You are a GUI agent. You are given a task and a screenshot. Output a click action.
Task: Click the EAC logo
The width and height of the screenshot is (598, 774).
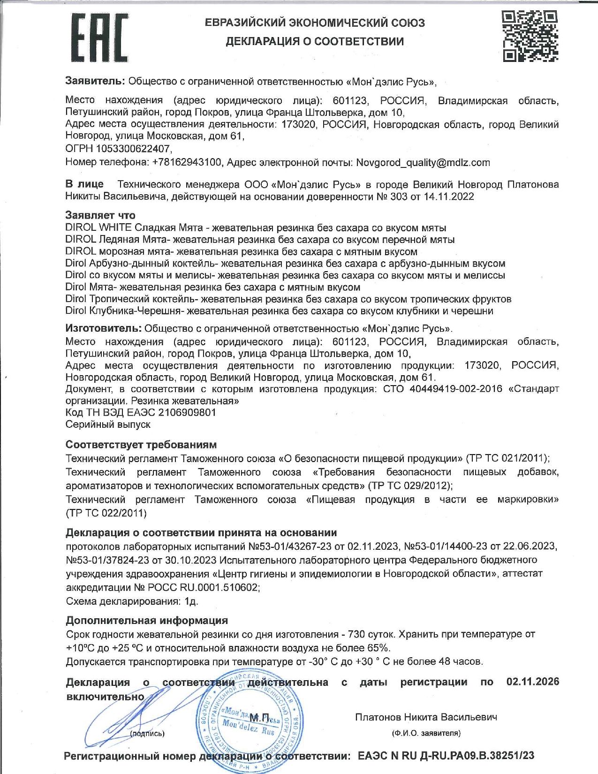point(99,38)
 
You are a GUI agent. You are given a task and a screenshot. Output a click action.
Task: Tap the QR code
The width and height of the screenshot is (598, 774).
point(530,36)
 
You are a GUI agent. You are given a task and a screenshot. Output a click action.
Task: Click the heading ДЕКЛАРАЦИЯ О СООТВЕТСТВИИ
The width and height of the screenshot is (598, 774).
point(315,41)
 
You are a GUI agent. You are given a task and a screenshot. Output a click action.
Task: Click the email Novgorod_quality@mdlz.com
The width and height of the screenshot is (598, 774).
point(423,163)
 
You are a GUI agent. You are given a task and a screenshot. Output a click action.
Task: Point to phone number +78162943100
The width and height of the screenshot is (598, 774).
point(187,163)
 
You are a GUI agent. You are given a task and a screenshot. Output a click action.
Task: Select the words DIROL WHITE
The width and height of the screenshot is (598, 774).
point(98,228)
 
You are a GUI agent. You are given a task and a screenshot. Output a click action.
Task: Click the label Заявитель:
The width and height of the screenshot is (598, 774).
point(95,81)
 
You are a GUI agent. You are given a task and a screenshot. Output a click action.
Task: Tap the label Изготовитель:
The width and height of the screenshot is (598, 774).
point(103,328)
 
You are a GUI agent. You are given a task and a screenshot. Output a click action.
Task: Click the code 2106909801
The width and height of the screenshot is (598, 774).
point(187,412)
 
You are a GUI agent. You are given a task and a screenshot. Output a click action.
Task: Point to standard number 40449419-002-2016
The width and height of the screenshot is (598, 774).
point(455,389)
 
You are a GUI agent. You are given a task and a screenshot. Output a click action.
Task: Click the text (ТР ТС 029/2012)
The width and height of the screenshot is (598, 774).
point(410,485)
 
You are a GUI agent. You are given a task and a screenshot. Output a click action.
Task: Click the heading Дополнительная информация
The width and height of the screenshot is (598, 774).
point(147,620)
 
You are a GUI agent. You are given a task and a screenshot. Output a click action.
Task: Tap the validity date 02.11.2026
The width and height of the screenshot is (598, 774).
point(533,682)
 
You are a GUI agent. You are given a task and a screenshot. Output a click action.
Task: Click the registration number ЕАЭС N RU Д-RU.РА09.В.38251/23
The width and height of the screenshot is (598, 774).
point(446,756)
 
